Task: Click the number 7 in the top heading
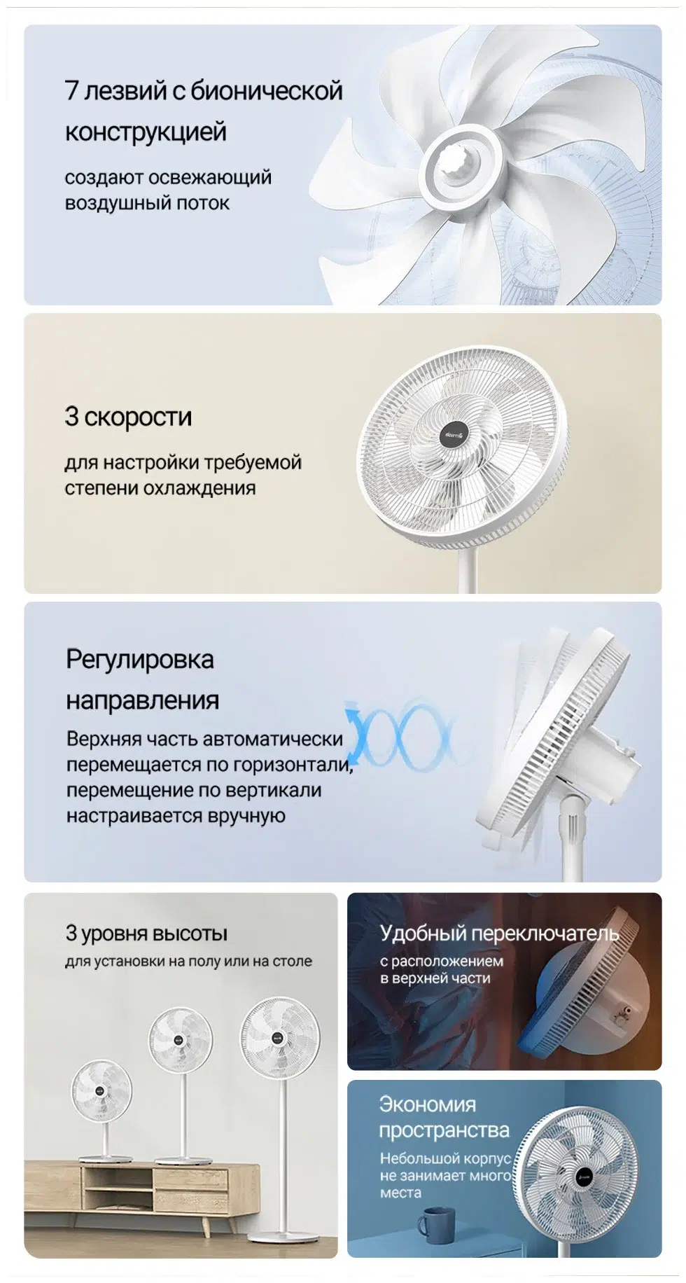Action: (71, 91)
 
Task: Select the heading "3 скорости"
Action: (128, 417)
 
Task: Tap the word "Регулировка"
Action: (140, 660)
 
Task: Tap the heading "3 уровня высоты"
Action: (146, 934)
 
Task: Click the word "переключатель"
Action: (545, 934)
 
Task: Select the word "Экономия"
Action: (427, 1104)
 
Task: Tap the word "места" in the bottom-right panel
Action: (400, 1193)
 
